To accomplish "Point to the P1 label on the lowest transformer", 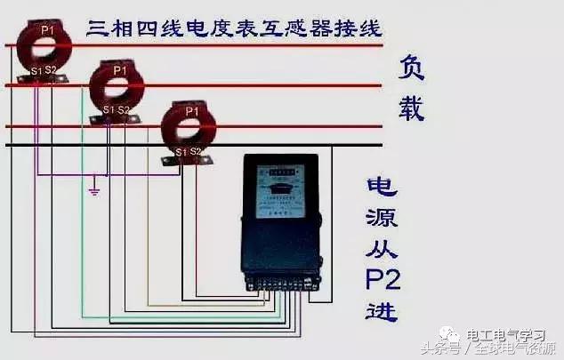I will pyautogui.click(x=191, y=110).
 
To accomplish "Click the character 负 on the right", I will pyautogui.click(x=411, y=68).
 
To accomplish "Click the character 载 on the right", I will pyautogui.click(x=411, y=108).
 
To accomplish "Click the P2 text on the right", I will pyautogui.click(x=383, y=282).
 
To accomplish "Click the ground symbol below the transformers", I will pyautogui.click(x=93, y=189).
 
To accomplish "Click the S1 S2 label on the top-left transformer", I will pyautogui.click(x=42, y=69).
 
